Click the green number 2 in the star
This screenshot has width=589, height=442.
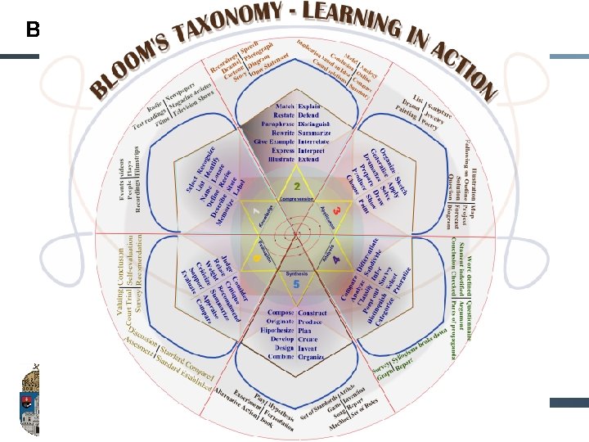point(296,186)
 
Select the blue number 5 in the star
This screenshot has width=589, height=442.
point(296,283)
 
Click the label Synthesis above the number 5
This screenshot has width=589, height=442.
point(296,271)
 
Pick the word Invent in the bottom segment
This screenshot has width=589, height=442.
point(308,347)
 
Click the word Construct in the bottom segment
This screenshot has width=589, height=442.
point(313,313)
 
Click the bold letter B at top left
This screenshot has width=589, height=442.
point(33,31)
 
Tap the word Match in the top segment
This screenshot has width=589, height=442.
point(284,106)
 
